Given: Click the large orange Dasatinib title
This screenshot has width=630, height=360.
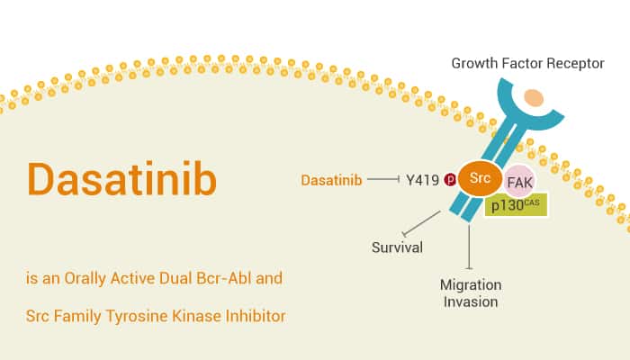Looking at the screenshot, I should coord(121,179).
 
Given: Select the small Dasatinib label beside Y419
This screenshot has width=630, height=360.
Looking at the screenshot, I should coord(331,180).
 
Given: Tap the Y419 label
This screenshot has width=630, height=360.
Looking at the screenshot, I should coord(421,180).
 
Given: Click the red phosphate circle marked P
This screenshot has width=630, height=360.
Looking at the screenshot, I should coord(449,180).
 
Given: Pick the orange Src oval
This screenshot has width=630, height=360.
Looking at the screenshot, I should coord(480,178).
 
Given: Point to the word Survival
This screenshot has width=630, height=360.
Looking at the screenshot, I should coord(398,247).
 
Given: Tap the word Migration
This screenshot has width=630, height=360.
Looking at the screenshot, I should coord(471,284).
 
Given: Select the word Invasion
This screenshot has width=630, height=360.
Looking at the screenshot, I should coord(471,301).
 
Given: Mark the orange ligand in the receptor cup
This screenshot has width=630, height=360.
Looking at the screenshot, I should coord(534,97).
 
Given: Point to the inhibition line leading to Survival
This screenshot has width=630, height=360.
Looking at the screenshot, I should coord(422,224).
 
